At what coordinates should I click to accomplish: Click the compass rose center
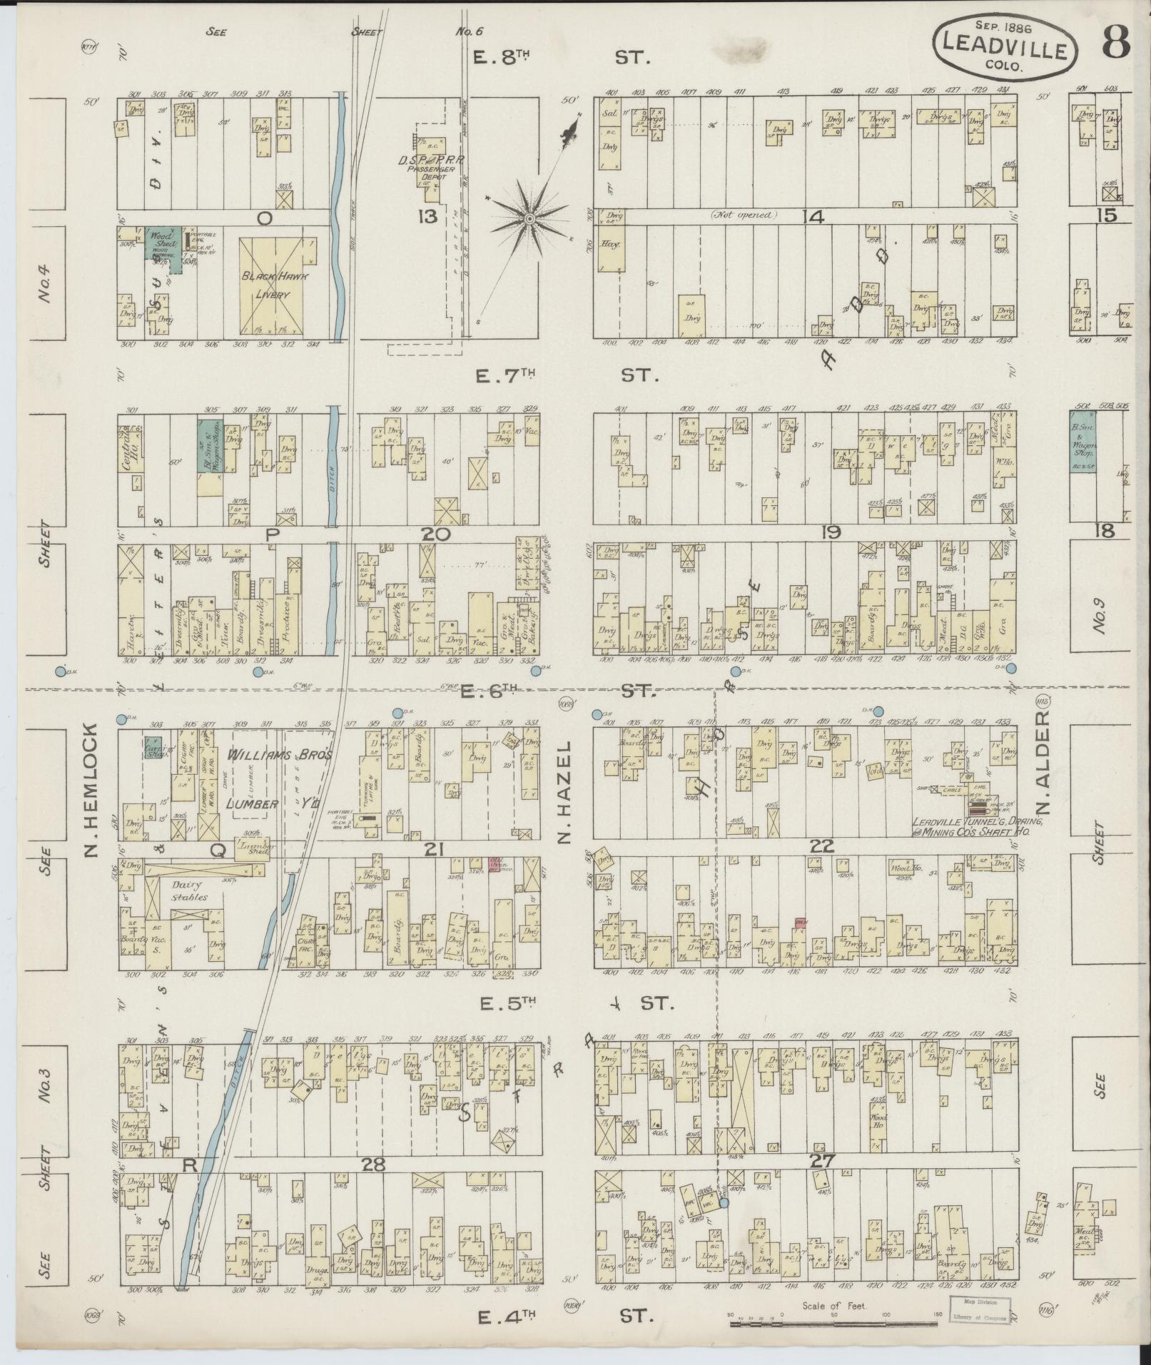click(x=529, y=218)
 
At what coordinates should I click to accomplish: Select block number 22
click(x=823, y=846)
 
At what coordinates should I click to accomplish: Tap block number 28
click(x=373, y=1164)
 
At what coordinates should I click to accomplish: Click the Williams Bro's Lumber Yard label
click(x=280, y=779)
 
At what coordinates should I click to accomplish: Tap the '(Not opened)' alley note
click(x=744, y=214)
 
